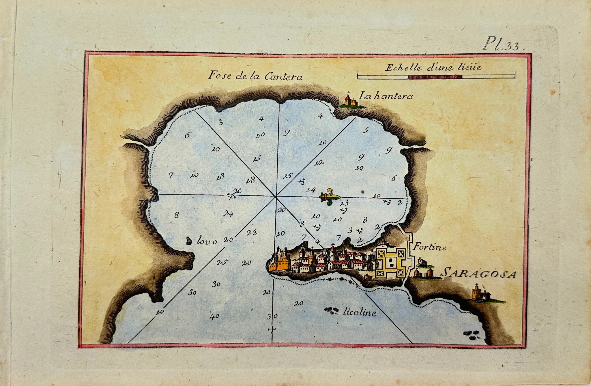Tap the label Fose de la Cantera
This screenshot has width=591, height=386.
(255, 76)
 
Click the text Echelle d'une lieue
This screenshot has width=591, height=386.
(433, 68)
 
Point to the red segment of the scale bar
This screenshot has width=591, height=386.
(435, 77)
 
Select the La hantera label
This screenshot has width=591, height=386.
(386, 96)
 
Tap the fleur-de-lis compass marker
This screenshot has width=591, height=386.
(329, 197)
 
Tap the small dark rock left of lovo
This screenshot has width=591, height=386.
(189, 240)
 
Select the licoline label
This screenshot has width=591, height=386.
(360, 312)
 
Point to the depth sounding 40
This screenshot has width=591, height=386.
(214, 316)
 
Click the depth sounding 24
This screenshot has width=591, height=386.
(228, 213)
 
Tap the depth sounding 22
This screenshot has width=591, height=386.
(252, 232)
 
